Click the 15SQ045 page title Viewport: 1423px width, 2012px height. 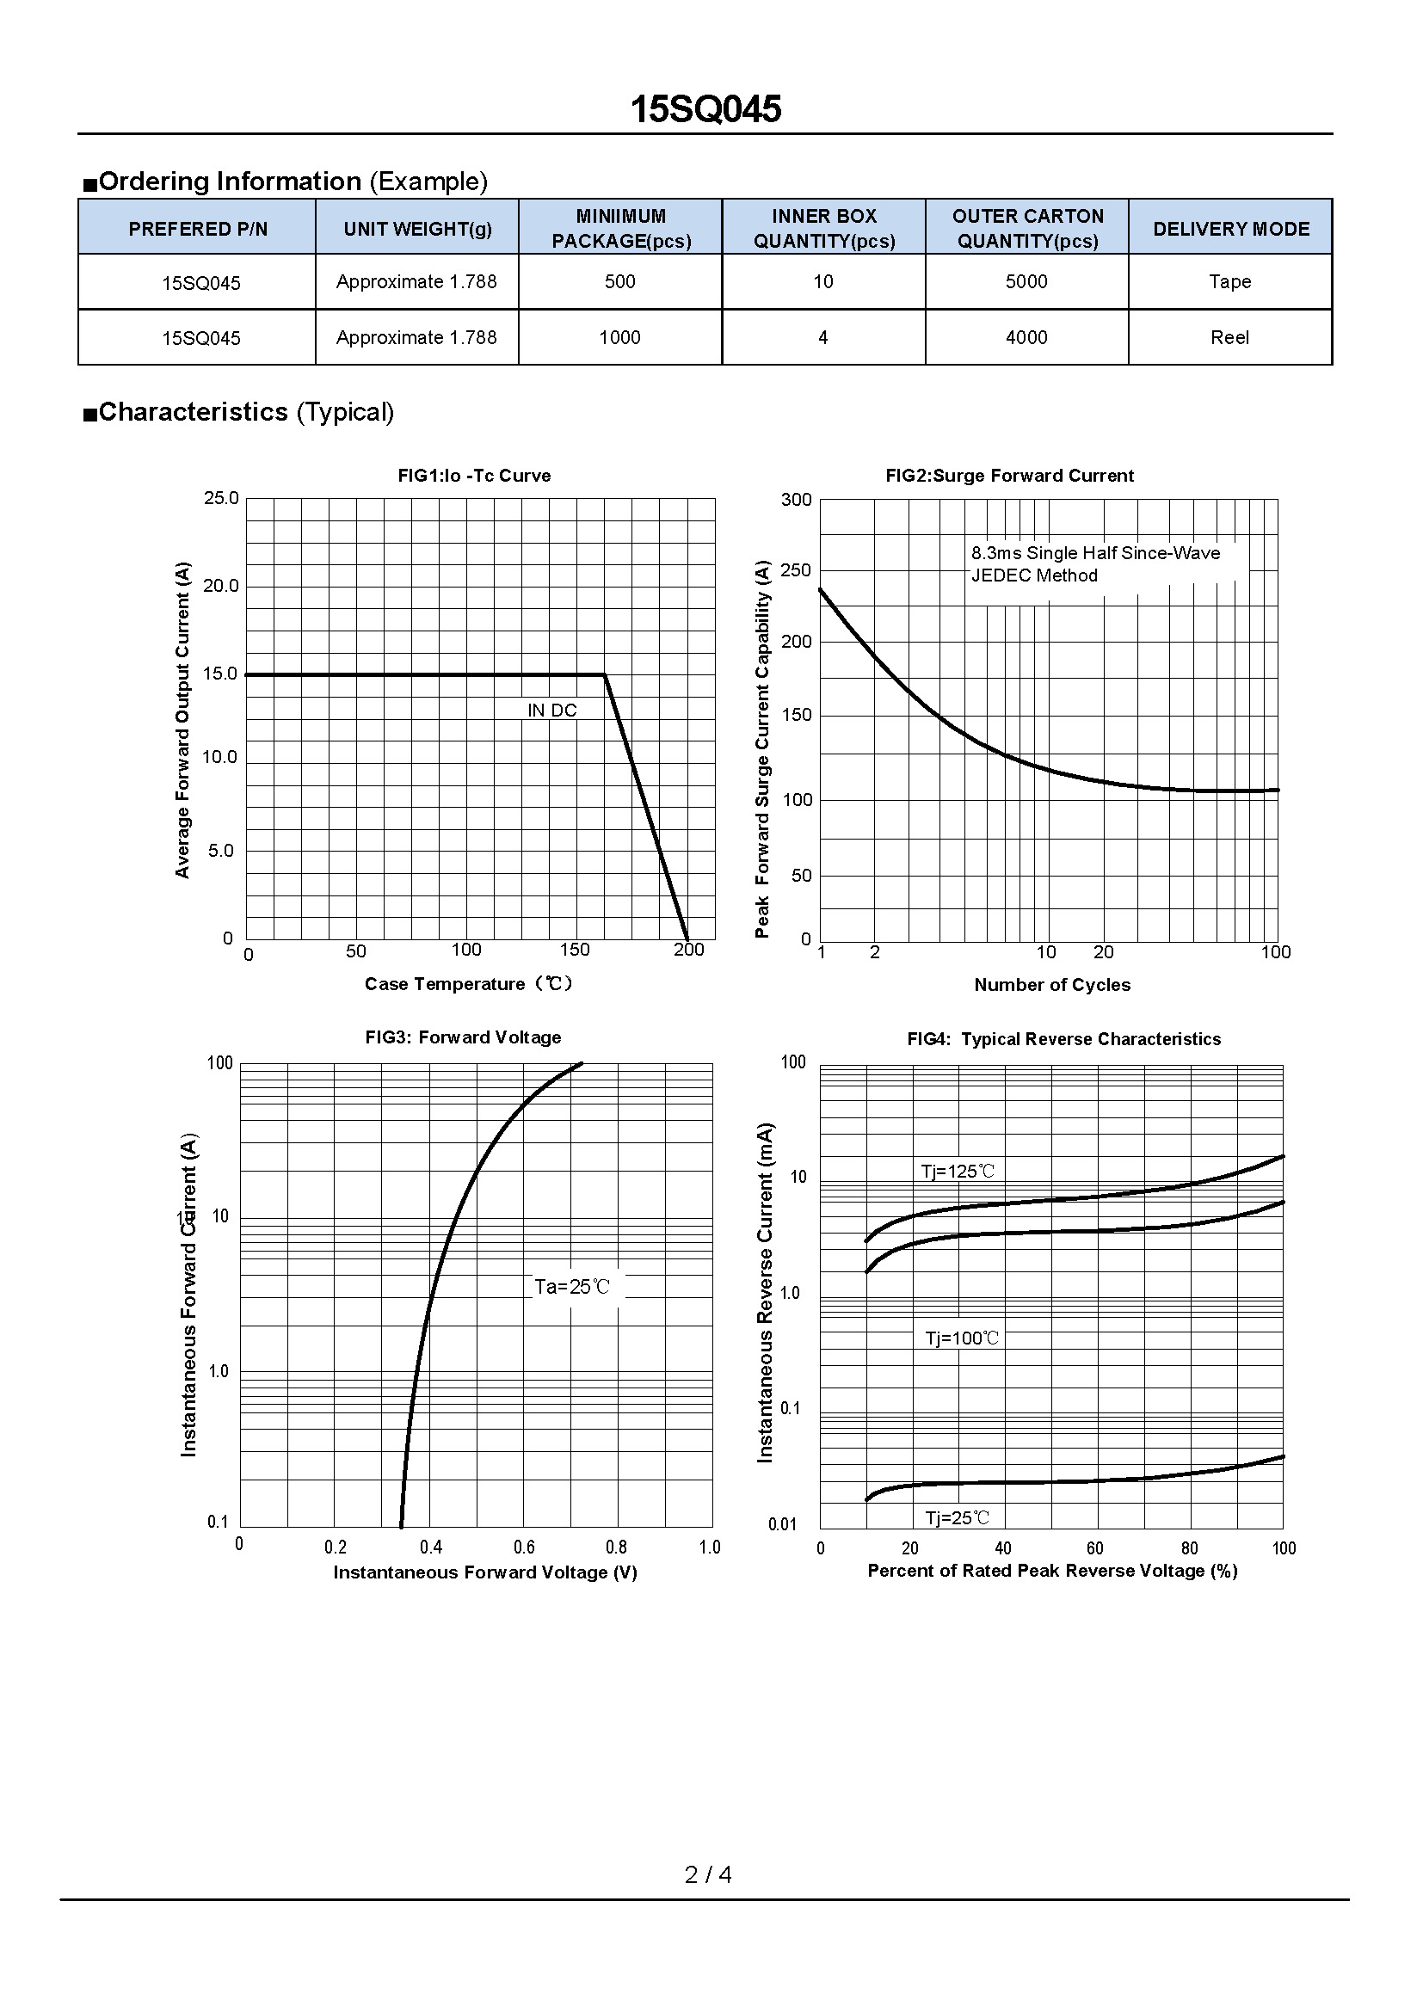(705, 109)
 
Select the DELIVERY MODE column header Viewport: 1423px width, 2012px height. (1230, 229)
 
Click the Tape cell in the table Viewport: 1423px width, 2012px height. (1229, 281)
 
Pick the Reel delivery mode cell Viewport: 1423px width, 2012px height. (1229, 337)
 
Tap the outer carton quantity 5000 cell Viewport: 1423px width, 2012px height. (1026, 281)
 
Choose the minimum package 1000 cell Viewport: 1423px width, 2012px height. (619, 337)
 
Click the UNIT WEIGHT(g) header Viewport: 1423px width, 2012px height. (417, 229)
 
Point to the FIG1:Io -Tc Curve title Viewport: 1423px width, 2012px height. (474, 476)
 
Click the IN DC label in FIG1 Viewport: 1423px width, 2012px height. (552, 711)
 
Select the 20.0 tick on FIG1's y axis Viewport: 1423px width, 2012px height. (221, 586)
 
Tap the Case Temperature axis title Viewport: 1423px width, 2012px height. (469, 984)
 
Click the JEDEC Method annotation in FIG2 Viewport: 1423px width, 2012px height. (1034, 575)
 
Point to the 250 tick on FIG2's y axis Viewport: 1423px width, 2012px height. (796, 570)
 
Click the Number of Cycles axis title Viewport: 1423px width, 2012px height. (1051, 985)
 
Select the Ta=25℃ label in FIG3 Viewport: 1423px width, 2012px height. (571, 1288)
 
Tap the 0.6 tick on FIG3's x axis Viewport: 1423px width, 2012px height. (524, 1547)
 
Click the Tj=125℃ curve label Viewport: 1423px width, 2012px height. (957, 1172)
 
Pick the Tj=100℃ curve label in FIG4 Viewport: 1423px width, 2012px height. (961, 1338)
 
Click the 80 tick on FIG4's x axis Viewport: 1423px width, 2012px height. (1189, 1548)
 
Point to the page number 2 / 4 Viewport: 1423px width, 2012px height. (708, 1874)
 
